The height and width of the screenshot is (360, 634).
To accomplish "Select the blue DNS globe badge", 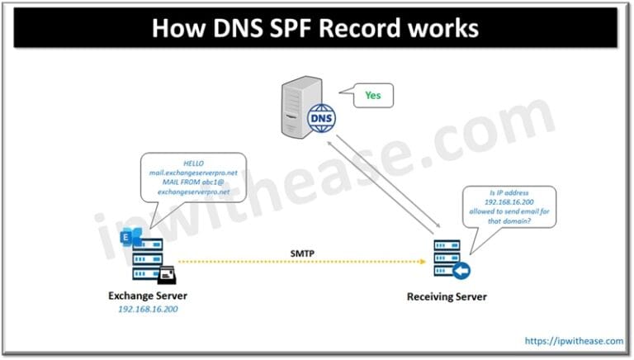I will tap(319, 118).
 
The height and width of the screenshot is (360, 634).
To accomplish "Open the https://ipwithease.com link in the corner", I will tap(573, 339).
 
